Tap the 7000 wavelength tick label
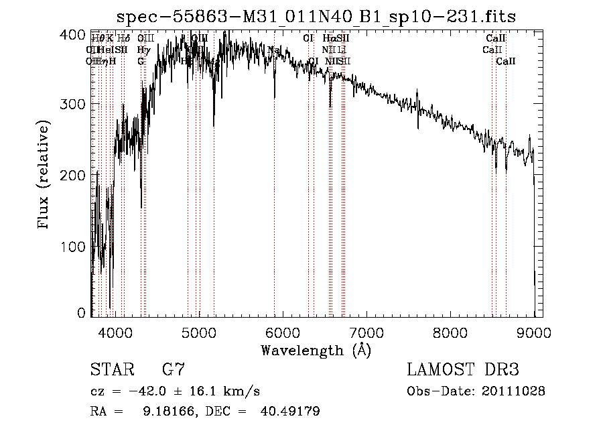point(366,331)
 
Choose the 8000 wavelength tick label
point(450,331)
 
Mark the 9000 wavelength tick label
point(533,331)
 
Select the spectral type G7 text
point(174,369)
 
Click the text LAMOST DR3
point(463,369)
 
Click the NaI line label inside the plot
point(274,50)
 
